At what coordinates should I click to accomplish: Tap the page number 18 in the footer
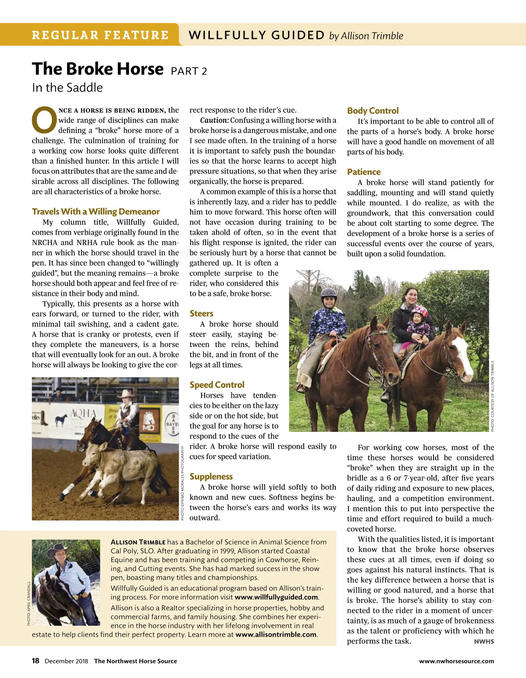36,661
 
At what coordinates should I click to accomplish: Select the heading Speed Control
217,385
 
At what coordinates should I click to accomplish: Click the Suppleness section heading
211,477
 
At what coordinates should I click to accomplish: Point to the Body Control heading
373,111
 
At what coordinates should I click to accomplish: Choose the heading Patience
363,172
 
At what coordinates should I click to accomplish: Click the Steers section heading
201,313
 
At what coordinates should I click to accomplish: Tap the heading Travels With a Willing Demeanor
96,212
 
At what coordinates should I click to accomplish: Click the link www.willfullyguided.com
276,597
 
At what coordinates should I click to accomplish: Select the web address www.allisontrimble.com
276,635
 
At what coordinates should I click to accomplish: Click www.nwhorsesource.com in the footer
456,661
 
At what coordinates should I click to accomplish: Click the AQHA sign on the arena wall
83,413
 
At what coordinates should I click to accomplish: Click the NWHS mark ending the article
484,642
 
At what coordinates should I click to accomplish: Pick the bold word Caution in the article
214,120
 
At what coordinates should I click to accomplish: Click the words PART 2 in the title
189,71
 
